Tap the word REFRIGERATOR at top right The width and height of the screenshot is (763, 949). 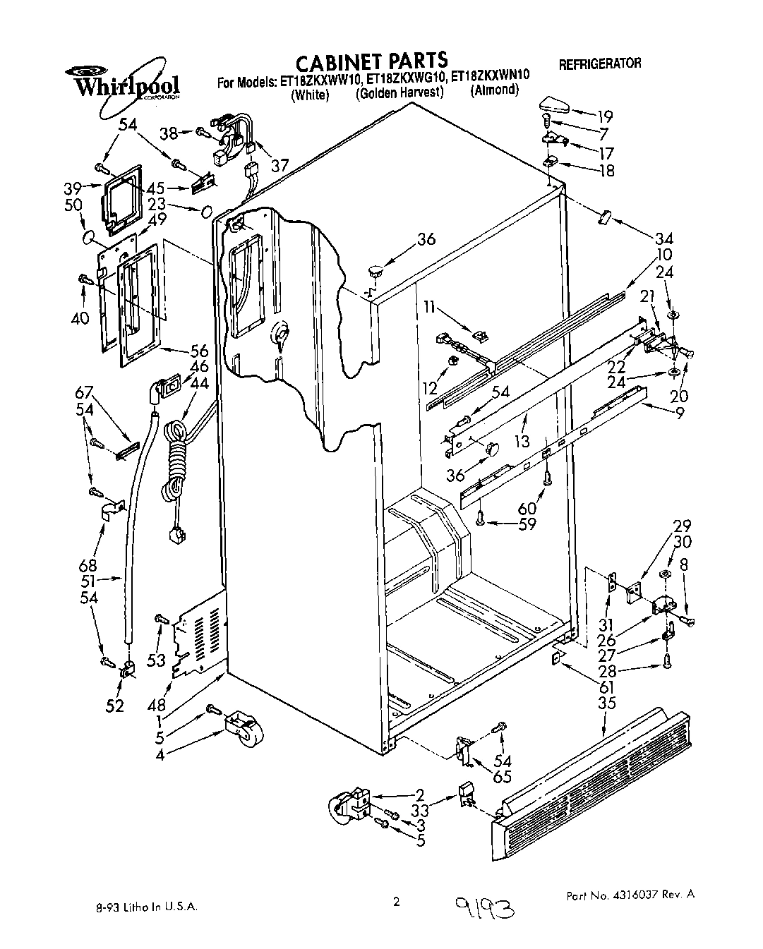pos(600,64)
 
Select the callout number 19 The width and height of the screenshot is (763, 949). pos(605,116)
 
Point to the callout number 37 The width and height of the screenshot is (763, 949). pos(280,165)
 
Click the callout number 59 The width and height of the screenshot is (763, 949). pos(527,524)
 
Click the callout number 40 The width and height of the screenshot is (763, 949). pos(80,318)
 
